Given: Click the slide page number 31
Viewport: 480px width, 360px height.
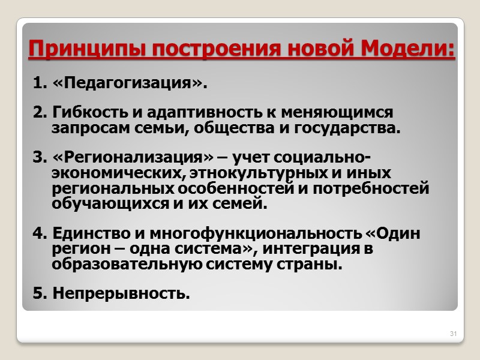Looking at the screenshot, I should click(x=454, y=333).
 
